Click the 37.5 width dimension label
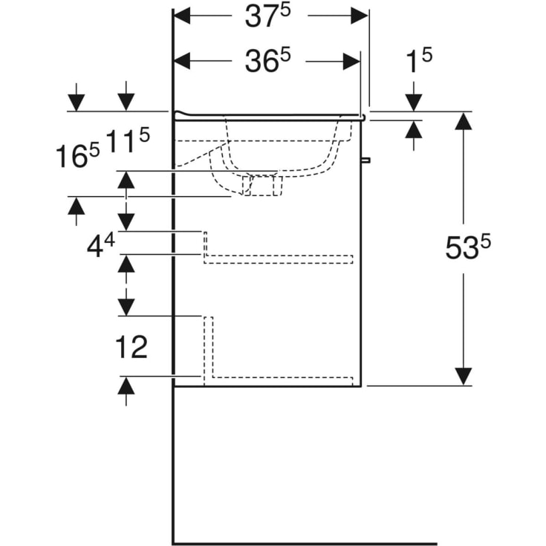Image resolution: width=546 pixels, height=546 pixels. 270,18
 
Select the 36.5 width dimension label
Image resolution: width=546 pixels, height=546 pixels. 270,63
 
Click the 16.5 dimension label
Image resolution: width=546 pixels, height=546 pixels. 78,156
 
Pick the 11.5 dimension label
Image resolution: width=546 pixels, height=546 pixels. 128,140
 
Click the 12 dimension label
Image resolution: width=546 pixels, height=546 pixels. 131,346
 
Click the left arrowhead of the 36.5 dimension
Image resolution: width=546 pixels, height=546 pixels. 183,62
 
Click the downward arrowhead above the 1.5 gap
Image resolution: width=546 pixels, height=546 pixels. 414,103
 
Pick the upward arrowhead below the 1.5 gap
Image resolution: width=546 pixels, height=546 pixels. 414,129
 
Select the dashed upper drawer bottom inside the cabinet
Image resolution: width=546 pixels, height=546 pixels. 278,259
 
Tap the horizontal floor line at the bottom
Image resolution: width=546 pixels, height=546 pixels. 305,543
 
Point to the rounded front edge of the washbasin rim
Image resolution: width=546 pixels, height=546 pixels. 363,117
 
